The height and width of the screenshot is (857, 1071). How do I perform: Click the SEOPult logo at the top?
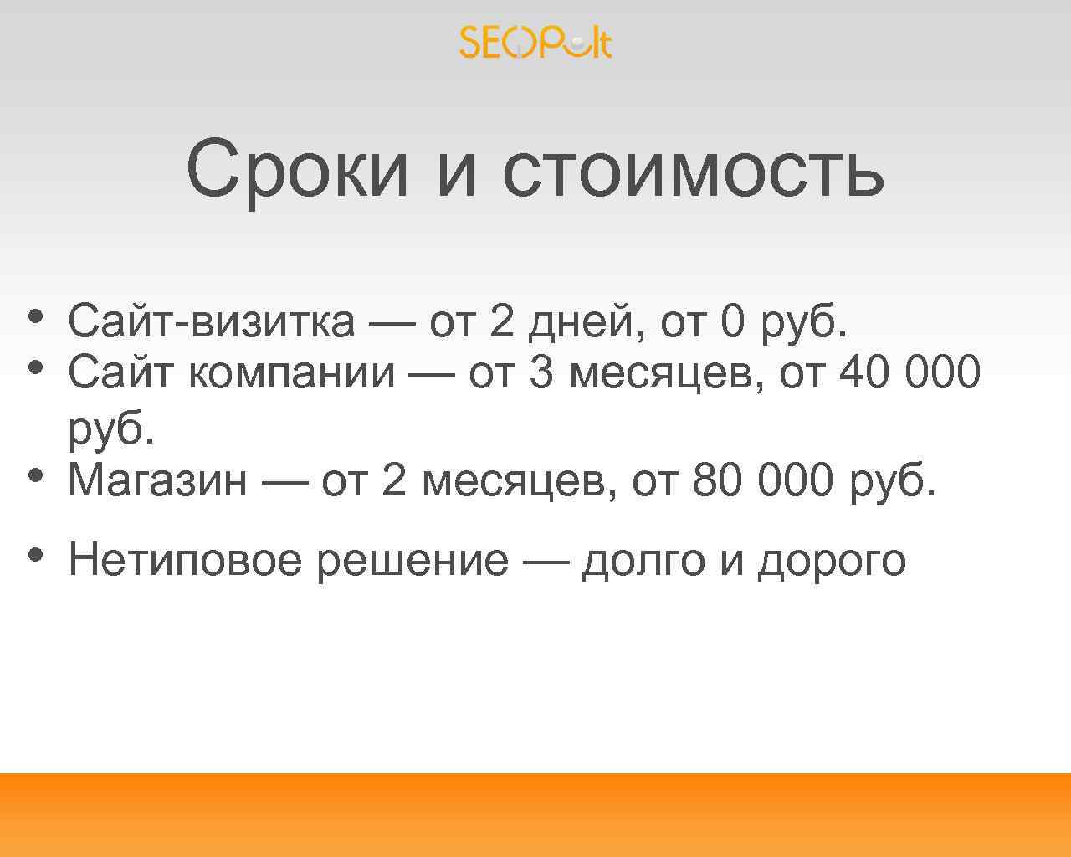(x=535, y=42)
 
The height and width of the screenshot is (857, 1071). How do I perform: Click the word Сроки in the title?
(x=298, y=169)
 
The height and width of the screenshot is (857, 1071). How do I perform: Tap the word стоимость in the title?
(x=693, y=169)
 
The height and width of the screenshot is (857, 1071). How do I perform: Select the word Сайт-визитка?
(x=211, y=321)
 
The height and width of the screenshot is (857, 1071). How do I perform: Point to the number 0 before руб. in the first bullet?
(x=731, y=321)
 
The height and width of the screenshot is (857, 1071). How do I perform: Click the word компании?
(x=291, y=373)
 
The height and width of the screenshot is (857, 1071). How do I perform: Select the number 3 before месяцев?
(x=541, y=373)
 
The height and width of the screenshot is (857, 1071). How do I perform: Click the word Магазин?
(x=157, y=480)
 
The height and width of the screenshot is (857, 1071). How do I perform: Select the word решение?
(x=413, y=560)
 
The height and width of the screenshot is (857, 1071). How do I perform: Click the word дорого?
(x=832, y=560)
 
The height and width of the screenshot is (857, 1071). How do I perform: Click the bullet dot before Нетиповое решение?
(x=34, y=554)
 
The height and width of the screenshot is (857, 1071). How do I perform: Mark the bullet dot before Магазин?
(x=34, y=475)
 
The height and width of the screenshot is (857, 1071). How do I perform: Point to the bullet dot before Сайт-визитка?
(x=34, y=316)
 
